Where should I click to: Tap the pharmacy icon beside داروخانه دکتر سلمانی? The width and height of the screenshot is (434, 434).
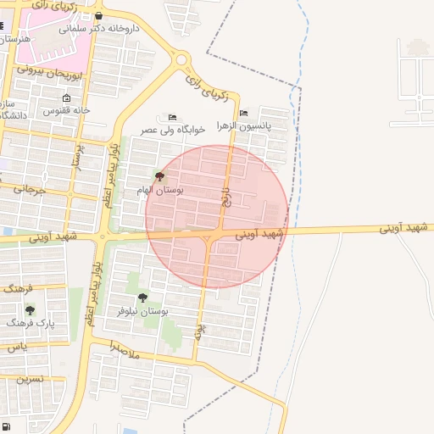99,16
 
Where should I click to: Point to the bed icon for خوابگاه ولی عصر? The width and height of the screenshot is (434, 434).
172,117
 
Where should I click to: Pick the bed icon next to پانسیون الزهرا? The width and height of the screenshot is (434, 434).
244,113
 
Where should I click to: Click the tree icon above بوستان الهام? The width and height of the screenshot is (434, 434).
160,176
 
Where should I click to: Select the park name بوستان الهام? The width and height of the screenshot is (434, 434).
160,190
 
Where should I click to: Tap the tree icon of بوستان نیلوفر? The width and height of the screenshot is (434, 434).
142,298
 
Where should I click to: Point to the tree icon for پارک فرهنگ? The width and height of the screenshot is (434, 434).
30,310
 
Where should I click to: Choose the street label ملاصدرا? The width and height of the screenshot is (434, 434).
125,348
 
